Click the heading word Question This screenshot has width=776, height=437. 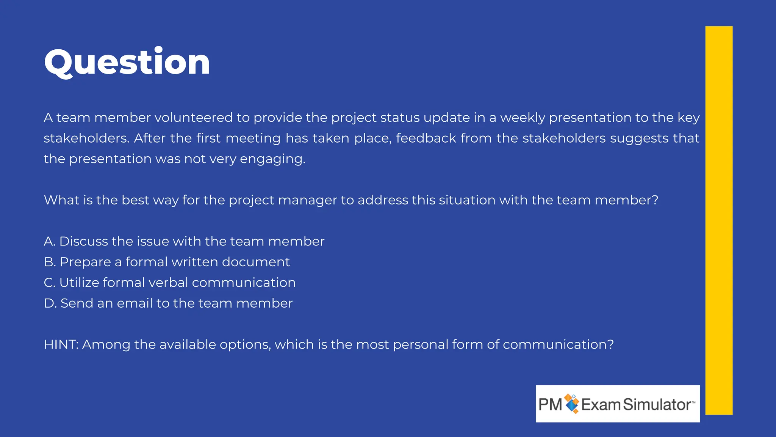pyautogui.click(x=127, y=62)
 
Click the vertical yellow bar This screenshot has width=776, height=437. pyautogui.click(x=718, y=220)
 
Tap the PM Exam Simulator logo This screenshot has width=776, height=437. pyautogui.click(x=617, y=404)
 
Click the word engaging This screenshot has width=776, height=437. pyautogui.click(x=272, y=159)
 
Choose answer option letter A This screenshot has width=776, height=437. pyautogui.click(x=49, y=241)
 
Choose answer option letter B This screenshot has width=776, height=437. pyautogui.click(x=49, y=262)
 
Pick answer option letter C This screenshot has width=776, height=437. pyautogui.click(x=49, y=283)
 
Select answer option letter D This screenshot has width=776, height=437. pyautogui.click(x=50, y=303)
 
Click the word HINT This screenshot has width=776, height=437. pyautogui.click(x=61, y=344)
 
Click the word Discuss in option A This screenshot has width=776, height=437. pyautogui.click(x=83, y=241)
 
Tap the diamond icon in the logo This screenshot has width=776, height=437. pyautogui.click(x=571, y=404)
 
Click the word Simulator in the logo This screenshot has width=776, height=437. pyautogui.click(x=657, y=404)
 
